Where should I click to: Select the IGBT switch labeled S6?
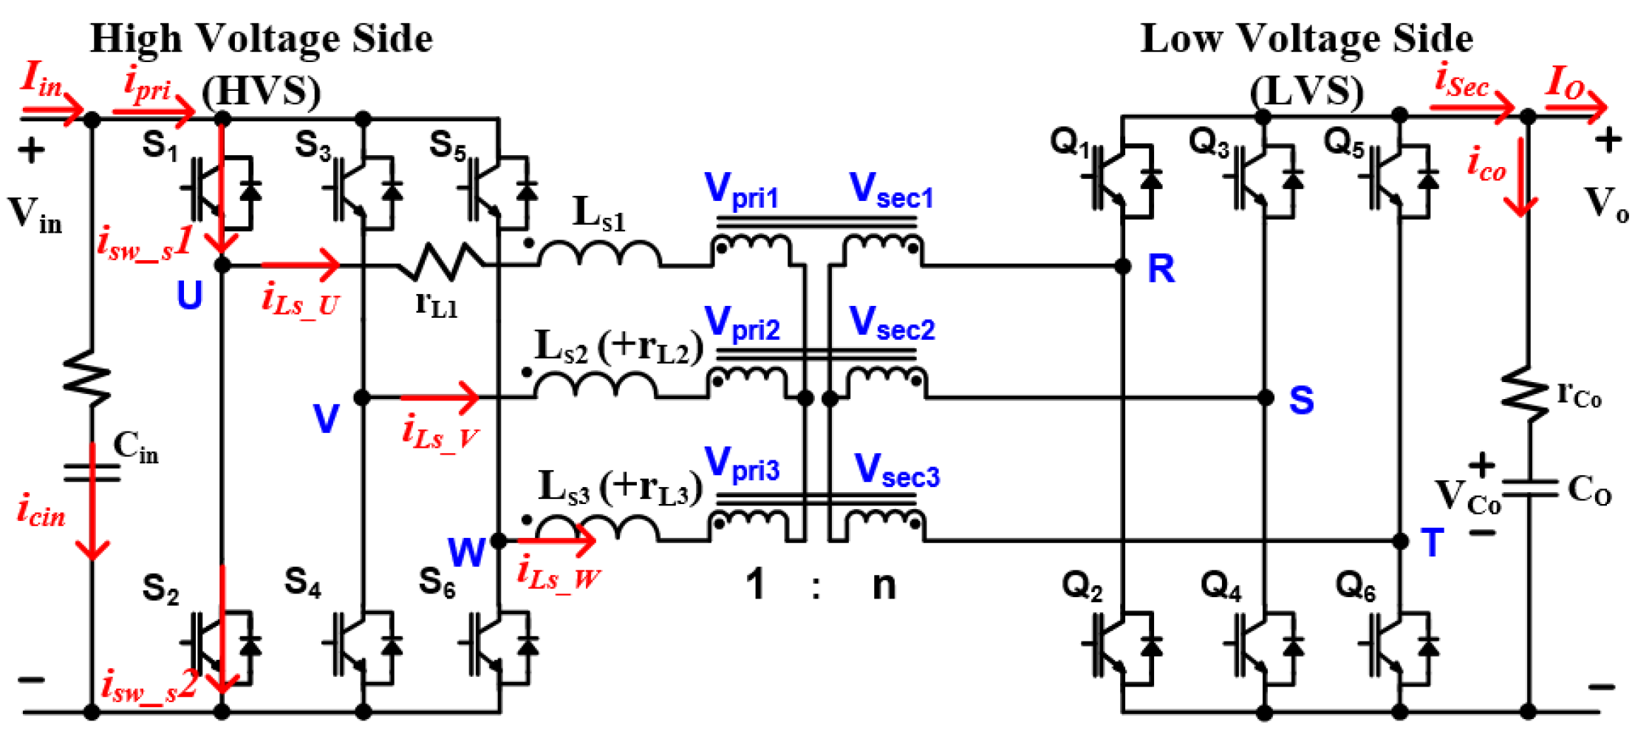pos(499,645)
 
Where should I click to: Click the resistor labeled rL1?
pos(442,262)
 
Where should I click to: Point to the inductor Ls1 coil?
pos(599,253)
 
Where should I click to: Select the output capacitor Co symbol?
pos(1529,488)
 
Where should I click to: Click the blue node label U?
pos(189,295)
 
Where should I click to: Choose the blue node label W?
pos(466,551)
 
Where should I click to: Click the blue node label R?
pos(1161,268)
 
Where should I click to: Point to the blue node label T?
pos(1432,543)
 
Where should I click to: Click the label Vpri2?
pos(742,324)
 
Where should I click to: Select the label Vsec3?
pos(896,471)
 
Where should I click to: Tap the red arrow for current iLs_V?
pos(440,398)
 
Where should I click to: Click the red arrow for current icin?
pos(92,503)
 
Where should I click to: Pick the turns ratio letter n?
pos(884,585)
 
